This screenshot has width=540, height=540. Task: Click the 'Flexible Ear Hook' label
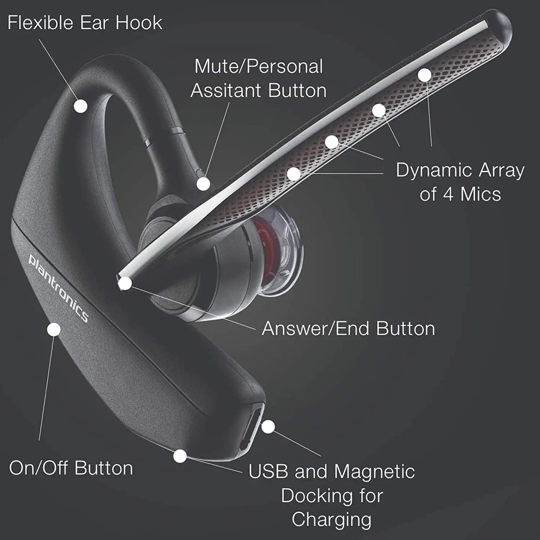pyautogui.click(x=85, y=23)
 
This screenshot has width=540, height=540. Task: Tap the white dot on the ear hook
pyautogui.click(x=81, y=106)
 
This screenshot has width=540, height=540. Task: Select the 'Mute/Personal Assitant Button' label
pyautogui.click(x=258, y=78)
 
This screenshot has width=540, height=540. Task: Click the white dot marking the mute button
pyautogui.click(x=203, y=184)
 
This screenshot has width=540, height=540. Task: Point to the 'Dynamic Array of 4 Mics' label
pyautogui.click(x=460, y=182)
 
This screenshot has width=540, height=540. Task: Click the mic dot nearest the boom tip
pyautogui.click(x=425, y=75)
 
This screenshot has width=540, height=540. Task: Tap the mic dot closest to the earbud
pyautogui.click(x=294, y=174)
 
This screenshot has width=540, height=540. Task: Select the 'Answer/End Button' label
pyautogui.click(x=348, y=328)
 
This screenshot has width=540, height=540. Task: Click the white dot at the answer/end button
pyautogui.click(x=125, y=283)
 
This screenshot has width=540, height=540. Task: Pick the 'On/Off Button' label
pyautogui.click(x=71, y=468)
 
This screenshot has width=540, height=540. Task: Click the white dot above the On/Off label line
pyautogui.click(x=54, y=329)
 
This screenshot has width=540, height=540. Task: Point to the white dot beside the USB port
pyautogui.click(x=268, y=427)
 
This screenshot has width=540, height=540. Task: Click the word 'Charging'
pyautogui.click(x=331, y=519)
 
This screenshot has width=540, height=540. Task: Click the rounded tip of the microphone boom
pyautogui.click(x=502, y=25)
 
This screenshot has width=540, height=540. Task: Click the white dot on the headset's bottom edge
pyautogui.click(x=180, y=456)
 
